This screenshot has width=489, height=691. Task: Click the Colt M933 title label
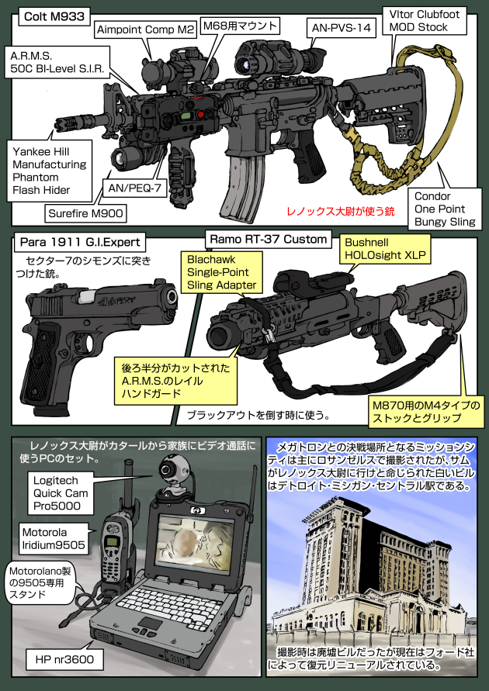click(x=52, y=14)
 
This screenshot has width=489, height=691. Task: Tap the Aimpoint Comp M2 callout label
click(x=145, y=30)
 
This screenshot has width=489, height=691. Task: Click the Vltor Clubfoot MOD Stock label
click(x=429, y=19)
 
